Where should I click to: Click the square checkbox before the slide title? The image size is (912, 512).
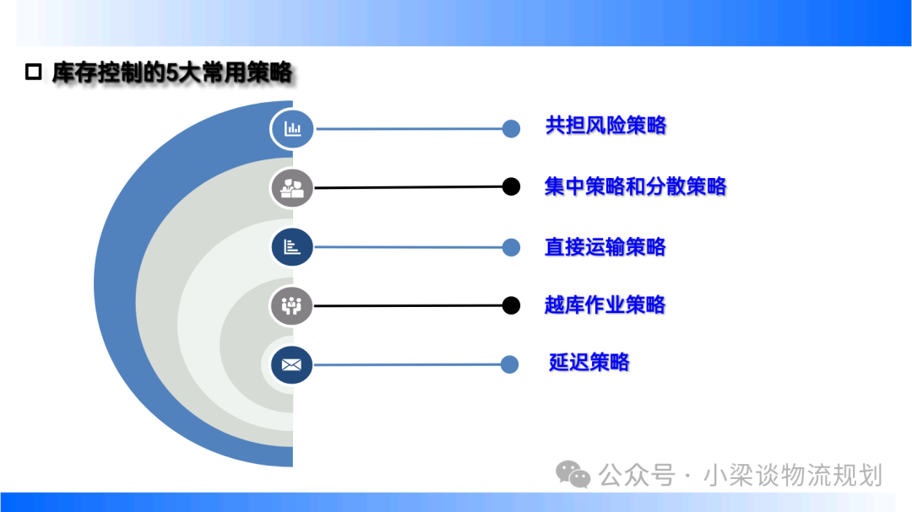point(33,72)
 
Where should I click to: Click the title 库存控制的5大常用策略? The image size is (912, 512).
point(172,73)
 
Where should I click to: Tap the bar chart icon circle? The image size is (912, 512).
point(292,128)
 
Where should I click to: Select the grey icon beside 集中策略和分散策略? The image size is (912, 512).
point(292,188)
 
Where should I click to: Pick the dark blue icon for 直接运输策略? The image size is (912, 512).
point(292,247)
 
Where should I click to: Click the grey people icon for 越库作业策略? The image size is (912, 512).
point(291,305)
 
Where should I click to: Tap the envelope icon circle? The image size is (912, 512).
point(291,365)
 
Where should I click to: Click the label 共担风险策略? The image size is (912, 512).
point(605,126)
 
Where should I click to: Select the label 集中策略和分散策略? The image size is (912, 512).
point(635,186)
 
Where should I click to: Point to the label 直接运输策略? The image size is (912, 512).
point(605,247)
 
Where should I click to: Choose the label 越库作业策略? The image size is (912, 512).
point(605,305)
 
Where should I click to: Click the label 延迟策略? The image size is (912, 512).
point(589,362)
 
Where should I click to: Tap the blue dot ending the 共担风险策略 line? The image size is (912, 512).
point(511,128)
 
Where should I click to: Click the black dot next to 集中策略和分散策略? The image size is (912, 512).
point(511,186)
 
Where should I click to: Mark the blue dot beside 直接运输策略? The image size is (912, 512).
point(511,247)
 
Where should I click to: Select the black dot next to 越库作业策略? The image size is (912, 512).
point(511,305)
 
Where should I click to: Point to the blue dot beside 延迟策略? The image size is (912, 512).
point(509,364)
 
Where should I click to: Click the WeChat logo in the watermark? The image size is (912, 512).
point(573,474)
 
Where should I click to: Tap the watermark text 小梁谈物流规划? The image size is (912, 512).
point(793,476)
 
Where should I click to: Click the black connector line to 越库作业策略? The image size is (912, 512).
point(408,305)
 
